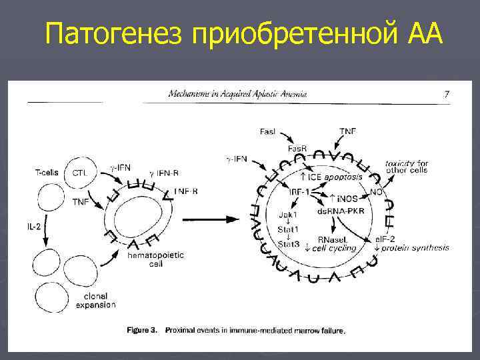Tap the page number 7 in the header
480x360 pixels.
[x=447, y=94]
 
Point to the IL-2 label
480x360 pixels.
[x=35, y=227]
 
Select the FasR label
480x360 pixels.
[x=297, y=148]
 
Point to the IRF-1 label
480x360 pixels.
[x=298, y=191]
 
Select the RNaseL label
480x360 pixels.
[x=331, y=239]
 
